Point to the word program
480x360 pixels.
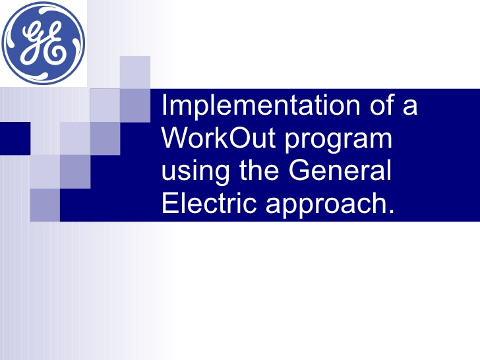tap(338, 140)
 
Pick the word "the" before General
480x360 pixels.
tap(259, 170)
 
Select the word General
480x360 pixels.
tap(340, 170)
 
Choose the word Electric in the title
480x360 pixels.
tap(209, 202)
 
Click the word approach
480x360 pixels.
tap(326, 205)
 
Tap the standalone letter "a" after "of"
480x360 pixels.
tap(410, 107)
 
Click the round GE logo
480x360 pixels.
tap(43, 43)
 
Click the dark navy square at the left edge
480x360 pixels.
tap(15, 138)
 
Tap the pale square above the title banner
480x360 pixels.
tap(135, 73)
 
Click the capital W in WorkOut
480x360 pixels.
tap(175, 138)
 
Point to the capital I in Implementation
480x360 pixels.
tap(164, 105)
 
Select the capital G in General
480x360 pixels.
tap(299, 170)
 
